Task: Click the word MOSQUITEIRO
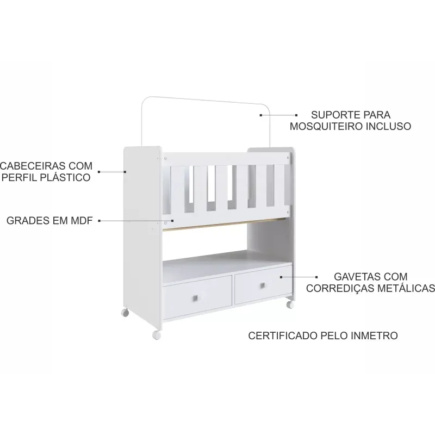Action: (326, 126)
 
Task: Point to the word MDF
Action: (82, 221)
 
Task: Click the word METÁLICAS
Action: (406, 288)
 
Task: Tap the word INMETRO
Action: (374, 335)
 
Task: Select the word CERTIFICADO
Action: (283, 335)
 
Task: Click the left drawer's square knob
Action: (196, 298)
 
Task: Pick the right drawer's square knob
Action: (263, 285)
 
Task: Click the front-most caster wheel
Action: (157, 335)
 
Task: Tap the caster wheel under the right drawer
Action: (290, 304)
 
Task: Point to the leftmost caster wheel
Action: (125, 313)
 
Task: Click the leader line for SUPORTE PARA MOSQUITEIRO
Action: (278, 115)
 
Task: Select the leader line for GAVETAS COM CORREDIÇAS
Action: (299, 277)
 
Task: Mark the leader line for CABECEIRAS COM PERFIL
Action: (112, 172)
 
